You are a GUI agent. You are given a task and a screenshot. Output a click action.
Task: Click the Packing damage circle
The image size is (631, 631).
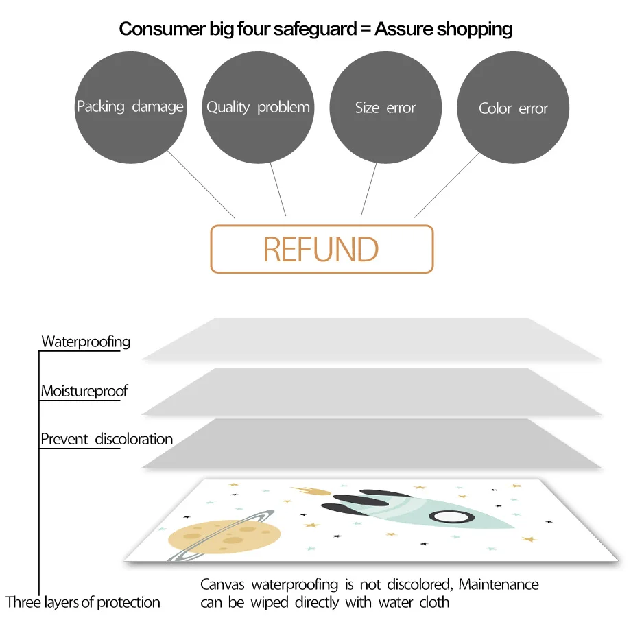130,108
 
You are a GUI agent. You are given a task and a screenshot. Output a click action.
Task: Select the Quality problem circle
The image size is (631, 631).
258,108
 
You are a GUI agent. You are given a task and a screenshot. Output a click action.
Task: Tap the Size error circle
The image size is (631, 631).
385,108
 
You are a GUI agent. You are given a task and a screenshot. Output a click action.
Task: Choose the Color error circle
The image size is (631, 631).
513,108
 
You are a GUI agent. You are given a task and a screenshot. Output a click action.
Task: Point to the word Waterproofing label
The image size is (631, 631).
86,342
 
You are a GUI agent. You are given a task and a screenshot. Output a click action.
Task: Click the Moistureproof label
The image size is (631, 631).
84,392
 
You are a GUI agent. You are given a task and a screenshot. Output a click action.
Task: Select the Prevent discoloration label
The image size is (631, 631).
106,439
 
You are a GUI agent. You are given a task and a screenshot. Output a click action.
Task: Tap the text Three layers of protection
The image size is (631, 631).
83,603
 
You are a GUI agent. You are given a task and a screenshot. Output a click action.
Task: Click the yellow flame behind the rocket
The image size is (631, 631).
312,491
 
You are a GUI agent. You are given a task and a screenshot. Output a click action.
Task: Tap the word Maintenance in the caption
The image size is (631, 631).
499,585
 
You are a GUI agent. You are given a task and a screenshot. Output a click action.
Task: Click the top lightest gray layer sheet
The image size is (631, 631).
370,339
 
